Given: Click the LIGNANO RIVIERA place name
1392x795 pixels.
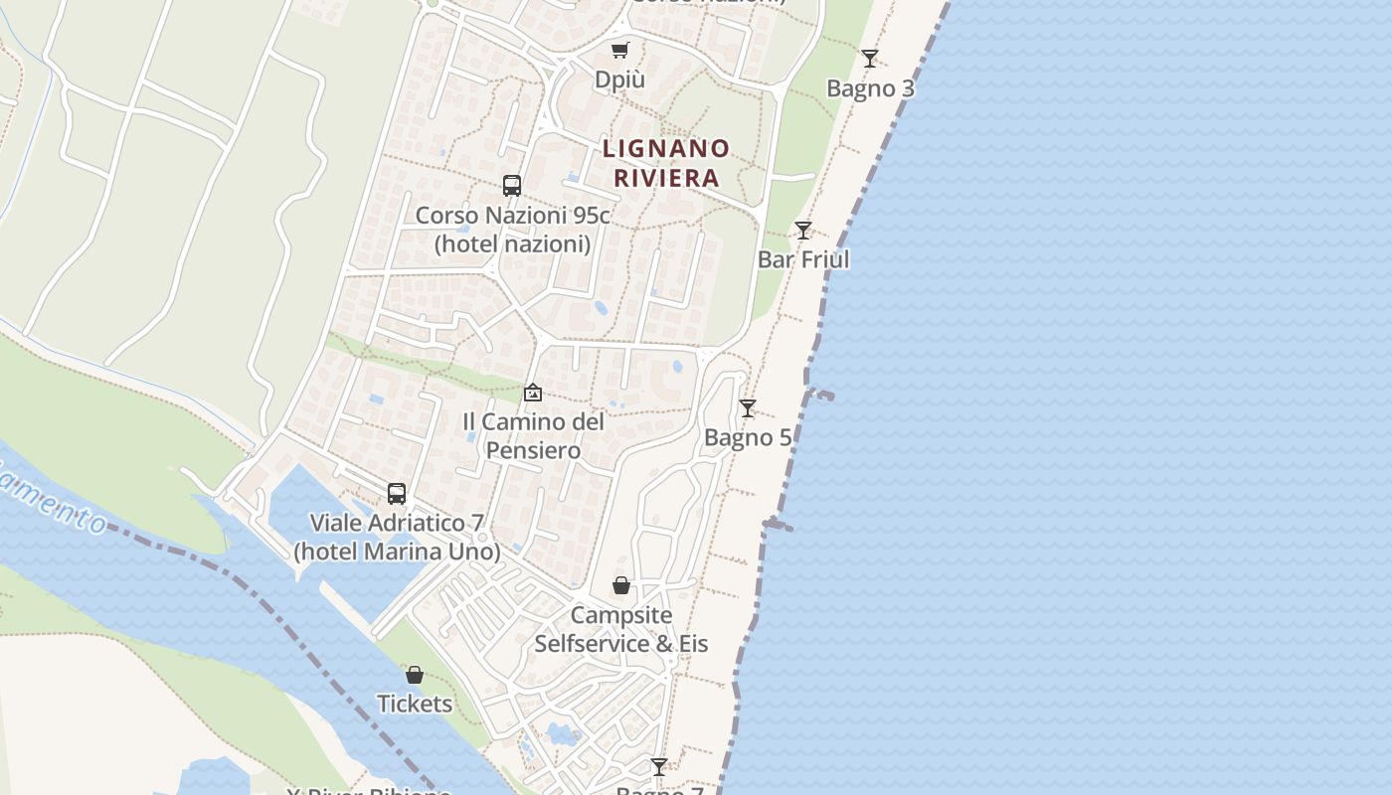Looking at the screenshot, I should [x=666, y=163].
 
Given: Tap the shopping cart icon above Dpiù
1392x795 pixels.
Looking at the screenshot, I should [x=620, y=50].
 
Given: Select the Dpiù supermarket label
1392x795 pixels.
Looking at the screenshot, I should [x=619, y=79].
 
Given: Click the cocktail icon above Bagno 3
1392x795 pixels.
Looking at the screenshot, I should [x=870, y=58].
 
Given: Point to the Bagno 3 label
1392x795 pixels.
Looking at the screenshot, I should [x=870, y=88].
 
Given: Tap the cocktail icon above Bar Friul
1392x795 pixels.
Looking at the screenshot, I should [x=803, y=231].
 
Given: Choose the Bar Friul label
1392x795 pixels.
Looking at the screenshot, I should [x=803, y=259].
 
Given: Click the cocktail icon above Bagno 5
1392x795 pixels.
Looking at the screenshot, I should [x=748, y=407].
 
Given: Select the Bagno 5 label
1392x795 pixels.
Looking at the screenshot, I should [x=748, y=437].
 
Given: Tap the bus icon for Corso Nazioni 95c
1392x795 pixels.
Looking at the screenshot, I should [x=512, y=185].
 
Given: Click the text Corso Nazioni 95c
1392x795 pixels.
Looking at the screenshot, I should [x=512, y=215].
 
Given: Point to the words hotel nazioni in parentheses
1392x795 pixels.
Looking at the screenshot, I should [x=512, y=243].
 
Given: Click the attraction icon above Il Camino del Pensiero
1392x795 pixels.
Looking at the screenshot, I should [x=533, y=393].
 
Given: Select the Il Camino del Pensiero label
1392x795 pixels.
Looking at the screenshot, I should [x=533, y=435].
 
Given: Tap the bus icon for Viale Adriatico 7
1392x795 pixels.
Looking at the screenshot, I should [x=397, y=493].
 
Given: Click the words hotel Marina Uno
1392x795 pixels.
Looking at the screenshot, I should [x=397, y=552].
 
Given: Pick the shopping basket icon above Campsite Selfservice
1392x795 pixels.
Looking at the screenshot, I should [x=621, y=585].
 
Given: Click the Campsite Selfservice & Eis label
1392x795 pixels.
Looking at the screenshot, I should [x=621, y=629].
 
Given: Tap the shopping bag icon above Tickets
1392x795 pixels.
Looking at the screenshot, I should [x=415, y=675].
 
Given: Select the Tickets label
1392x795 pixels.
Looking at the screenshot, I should [x=415, y=704].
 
